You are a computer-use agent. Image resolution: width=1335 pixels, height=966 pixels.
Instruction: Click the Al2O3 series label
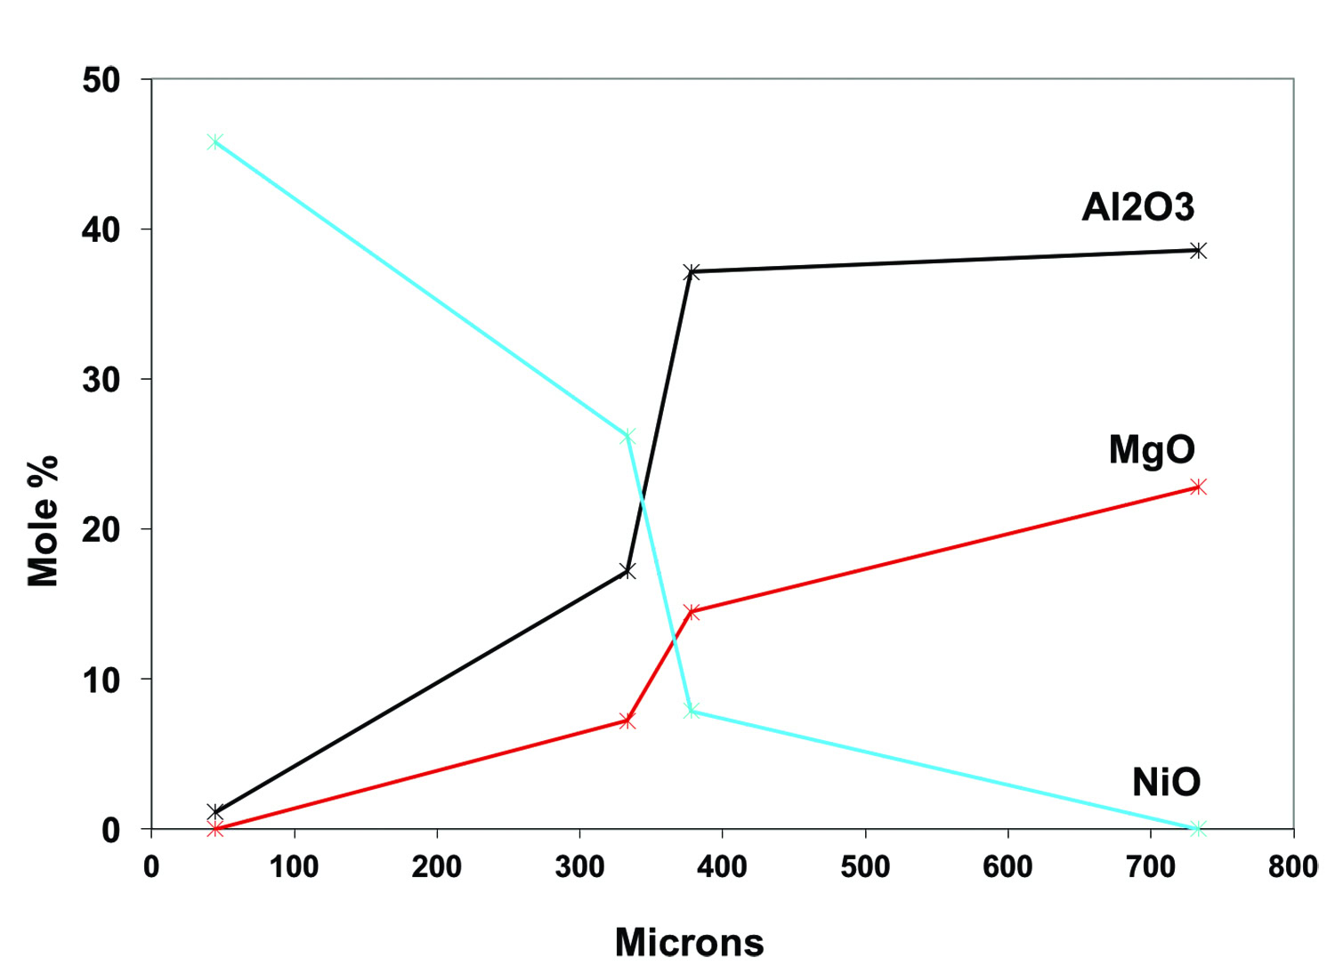coord(1137,207)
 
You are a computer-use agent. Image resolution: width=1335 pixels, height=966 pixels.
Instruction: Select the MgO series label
coord(1152,449)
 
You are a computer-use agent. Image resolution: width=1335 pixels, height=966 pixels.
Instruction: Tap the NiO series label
coord(1166,782)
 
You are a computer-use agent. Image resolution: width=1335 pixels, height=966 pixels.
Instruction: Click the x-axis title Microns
coord(689,942)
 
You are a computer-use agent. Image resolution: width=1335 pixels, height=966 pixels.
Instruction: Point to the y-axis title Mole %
coord(43,520)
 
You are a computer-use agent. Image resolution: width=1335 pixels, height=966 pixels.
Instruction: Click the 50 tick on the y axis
coord(101,80)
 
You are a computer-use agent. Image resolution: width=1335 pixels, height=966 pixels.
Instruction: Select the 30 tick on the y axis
coord(101,380)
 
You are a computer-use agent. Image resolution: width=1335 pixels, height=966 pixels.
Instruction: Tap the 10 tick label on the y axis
coord(101,680)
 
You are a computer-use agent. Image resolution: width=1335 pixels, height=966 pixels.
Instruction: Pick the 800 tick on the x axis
coord(1293,866)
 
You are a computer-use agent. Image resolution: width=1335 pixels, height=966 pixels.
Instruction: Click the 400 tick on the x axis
coord(722,866)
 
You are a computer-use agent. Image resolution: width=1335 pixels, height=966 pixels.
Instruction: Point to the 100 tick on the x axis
coord(294,866)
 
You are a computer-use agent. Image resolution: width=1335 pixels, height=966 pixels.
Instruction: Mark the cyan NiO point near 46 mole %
coord(214,141)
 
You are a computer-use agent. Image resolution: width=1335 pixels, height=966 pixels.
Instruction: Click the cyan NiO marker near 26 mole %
coord(627,436)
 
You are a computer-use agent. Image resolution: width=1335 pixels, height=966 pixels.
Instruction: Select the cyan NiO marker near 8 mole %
coord(692,710)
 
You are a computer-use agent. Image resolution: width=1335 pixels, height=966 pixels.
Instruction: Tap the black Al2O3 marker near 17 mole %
coord(627,570)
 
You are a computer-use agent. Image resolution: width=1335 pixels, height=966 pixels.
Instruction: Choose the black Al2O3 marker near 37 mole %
coord(692,271)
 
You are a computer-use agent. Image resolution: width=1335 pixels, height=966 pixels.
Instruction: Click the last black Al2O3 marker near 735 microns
coord(1198,251)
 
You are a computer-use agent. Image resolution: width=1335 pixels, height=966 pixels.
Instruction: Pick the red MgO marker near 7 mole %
coord(627,720)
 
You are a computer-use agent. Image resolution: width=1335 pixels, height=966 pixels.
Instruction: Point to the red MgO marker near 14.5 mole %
coord(692,611)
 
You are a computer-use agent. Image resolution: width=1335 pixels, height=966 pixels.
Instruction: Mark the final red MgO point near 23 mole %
coord(1198,487)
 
